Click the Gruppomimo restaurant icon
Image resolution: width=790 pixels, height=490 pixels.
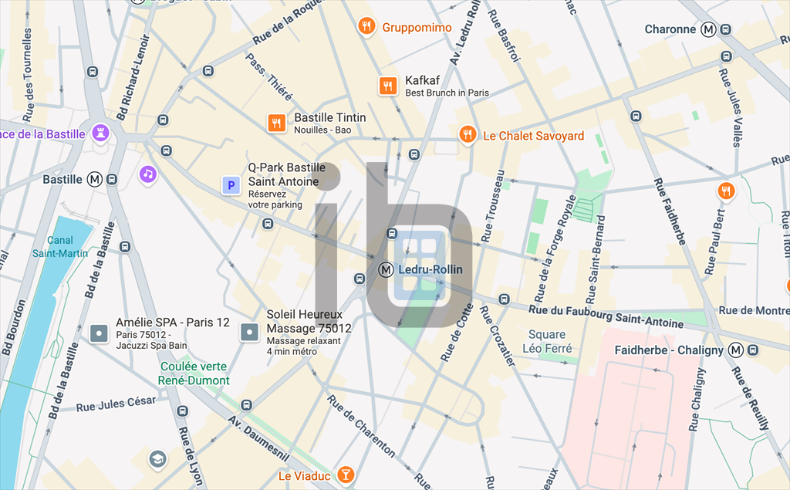pos(367,28)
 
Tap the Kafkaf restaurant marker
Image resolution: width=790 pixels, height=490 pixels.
pos(387,86)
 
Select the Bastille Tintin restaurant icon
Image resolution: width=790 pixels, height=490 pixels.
pos(277,123)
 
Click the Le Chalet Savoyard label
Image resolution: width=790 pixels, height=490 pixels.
pos(533,136)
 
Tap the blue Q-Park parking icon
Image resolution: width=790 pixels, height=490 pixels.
pos(230,185)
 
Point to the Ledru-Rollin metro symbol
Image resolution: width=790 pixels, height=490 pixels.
pos(387,270)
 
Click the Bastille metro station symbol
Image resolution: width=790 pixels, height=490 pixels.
pos(95,179)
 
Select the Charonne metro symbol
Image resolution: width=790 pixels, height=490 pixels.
pos(708,29)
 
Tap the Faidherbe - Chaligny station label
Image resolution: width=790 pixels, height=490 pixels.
pos(669,350)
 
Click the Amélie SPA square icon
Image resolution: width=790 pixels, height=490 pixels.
pos(98,333)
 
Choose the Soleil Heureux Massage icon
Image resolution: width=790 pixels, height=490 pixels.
pos(249,333)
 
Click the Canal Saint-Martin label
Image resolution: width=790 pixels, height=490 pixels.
pos(60,246)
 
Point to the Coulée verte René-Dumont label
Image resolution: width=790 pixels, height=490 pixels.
pos(194,373)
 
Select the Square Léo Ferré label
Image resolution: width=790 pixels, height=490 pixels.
pos(548,341)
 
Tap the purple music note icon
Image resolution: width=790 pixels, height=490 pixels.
pos(148,174)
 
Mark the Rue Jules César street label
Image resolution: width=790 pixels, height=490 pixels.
pos(116,404)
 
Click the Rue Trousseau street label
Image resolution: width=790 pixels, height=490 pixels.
pos(493,205)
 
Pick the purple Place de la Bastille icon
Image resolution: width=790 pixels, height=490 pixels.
pos(100,133)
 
